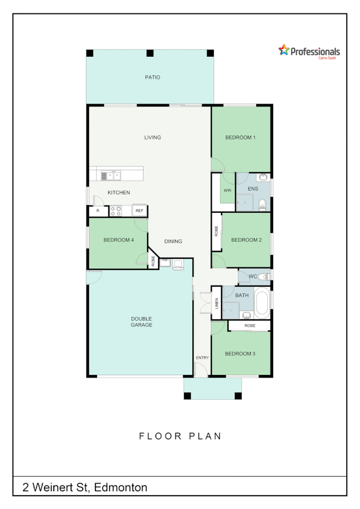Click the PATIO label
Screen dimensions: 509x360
pos(152,77)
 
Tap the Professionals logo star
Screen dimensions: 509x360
pos(284,50)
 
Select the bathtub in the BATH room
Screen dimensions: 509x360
pos(262,303)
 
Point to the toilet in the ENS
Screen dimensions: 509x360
pos(262,204)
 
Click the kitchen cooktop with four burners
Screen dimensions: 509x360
pos(116,210)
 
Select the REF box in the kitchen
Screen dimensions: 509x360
pos(139,211)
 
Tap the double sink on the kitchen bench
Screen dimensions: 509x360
pos(110,176)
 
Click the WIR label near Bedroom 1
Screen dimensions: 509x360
pos(227,191)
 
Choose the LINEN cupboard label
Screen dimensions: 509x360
pos(217,303)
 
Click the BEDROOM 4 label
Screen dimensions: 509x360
pos(118,240)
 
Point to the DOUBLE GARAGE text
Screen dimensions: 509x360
pos(141,322)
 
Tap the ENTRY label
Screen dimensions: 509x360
pos(202,358)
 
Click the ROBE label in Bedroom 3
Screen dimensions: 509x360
pos(249,326)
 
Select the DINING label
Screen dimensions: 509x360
pos(173,242)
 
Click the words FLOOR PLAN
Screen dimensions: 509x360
pos(180,436)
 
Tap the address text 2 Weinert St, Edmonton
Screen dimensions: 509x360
pos(85,488)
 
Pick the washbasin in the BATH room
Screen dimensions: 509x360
pos(246,315)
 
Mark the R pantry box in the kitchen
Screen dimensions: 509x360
pos(98,211)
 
